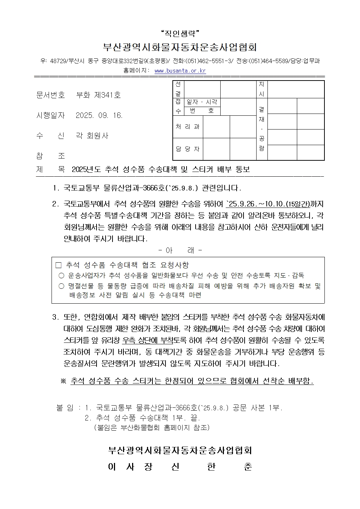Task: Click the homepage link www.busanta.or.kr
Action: coord(180,71)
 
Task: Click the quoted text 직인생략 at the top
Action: coord(180,34)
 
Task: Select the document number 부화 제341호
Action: coord(98,95)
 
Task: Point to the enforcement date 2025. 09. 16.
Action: coord(99,116)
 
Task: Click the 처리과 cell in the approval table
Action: coord(188,127)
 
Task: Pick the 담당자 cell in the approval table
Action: coord(188,149)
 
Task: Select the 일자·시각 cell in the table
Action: coord(202,102)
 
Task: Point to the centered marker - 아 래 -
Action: coord(180,250)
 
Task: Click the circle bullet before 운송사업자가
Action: coord(61,275)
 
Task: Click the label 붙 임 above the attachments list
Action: coord(65,408)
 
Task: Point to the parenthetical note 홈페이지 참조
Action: coord(152,427)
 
